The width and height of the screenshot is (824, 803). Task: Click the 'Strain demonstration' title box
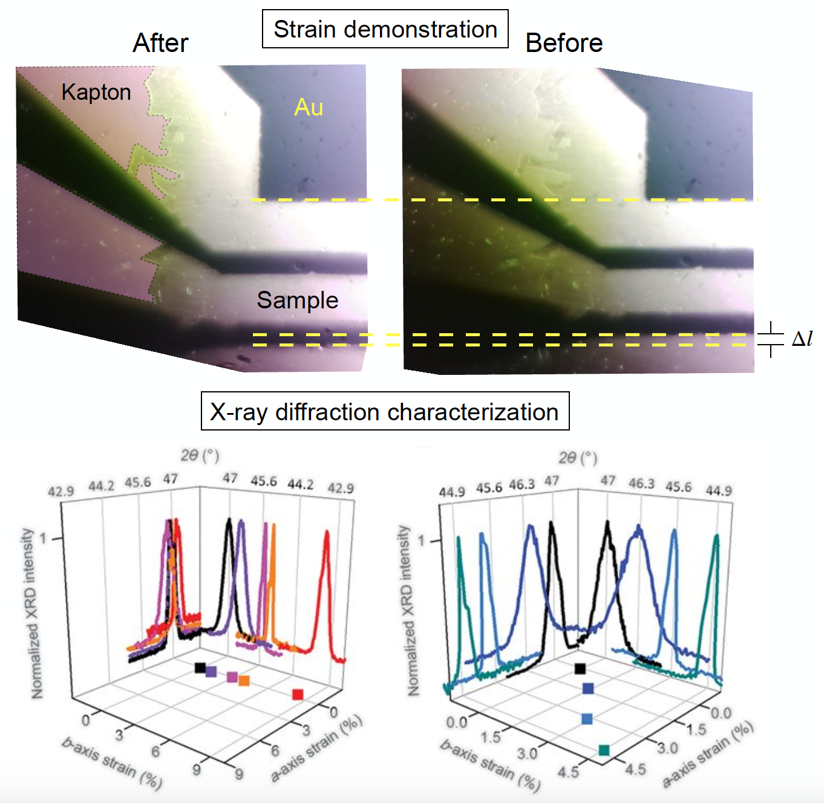(x=385, y=29)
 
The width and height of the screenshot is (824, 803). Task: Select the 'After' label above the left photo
(x=160, y=43)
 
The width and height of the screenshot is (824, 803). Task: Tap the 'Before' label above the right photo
(x=564, y=43)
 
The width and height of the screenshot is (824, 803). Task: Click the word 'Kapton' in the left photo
(x=96, y=92)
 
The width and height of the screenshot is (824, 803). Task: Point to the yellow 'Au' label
(x=309, y=107)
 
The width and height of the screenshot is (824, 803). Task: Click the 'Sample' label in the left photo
(x=297, y=300)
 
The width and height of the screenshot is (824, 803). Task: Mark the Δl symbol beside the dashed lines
(x=802, y=339)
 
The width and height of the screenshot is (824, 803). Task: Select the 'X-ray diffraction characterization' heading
(x=385, y=412)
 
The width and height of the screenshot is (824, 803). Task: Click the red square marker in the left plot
(x=298, y=694)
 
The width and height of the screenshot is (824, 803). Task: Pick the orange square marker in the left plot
(x=244, y=681)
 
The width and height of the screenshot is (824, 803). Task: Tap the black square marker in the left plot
(x=200, y=668)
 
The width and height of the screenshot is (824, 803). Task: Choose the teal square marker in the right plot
(x=604, y=750)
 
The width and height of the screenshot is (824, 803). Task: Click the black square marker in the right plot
(x=580, y=668)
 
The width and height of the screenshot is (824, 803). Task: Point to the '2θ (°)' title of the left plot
(x=200, y=455)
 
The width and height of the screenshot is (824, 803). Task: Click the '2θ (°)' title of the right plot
(x=578, y=458)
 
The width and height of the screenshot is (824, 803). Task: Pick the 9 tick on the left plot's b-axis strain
(x=197, y=770)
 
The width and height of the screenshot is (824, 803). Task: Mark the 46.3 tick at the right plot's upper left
(x=522, y=485)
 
